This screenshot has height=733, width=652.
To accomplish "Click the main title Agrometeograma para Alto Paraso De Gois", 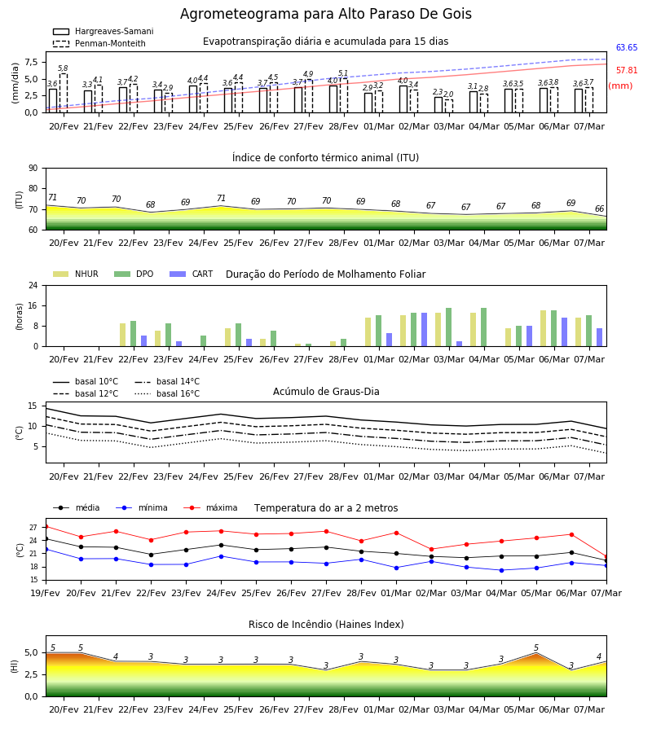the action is click(x=325, y=14).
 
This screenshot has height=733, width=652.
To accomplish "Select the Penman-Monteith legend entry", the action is click(x=99, y=43).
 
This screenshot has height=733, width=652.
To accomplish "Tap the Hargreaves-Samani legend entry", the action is click(x=103, y=31).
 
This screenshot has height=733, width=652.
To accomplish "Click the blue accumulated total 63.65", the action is click(x=627, y=47).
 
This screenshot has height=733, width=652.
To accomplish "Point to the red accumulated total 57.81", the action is click(x=627, y=70).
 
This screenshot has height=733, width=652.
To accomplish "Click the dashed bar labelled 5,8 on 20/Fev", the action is click(x=63, y=93).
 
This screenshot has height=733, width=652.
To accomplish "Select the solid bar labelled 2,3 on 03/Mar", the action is click(x=438, y=105).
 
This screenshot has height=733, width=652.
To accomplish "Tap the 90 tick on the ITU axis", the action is click(x=33, y=169).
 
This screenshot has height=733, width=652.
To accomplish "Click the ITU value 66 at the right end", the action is click(x=599, y=208).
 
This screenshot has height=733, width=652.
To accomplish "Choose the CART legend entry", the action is click(x=192, y=274).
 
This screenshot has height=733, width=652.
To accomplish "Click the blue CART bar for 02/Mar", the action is click(x=425, y=330).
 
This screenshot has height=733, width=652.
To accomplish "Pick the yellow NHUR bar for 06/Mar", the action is click(x=543, y=328).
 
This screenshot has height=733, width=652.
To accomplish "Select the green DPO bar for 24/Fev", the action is click(x=204, y=340).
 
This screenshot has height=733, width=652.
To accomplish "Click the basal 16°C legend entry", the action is click(x=167, y=393).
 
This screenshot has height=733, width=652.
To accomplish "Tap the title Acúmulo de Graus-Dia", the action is click(x=326, y=391).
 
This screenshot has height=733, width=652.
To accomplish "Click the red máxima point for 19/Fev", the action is click(x=46, y=527).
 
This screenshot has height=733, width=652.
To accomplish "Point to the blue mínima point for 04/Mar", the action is click(x=501, y=570).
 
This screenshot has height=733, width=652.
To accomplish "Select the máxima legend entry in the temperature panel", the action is click(x=210, y=507).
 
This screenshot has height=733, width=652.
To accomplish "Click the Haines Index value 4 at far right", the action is click(x=599, y=656).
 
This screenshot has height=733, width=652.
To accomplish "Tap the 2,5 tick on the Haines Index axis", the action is click(x=31, y=674).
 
